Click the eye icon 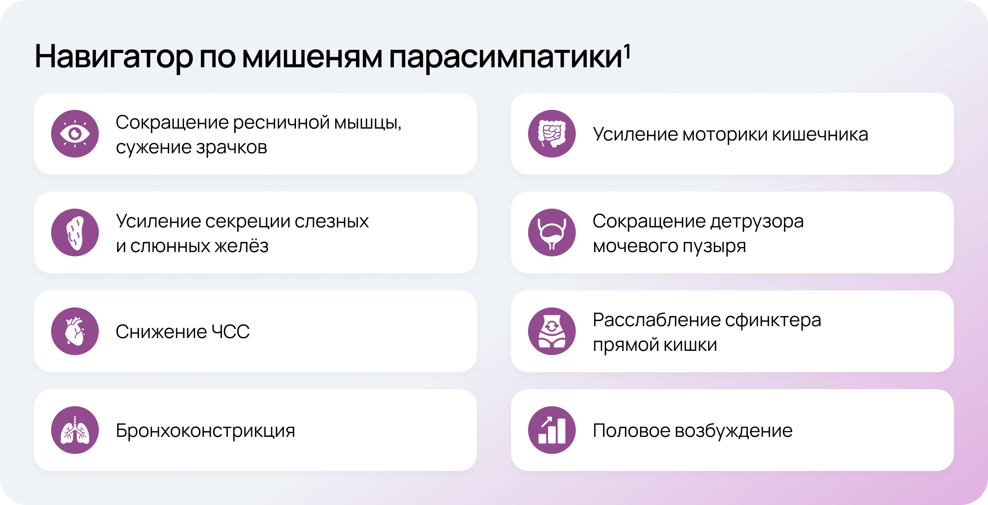click(75, 134)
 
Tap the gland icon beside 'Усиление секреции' click(75, 232)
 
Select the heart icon click(75, 331)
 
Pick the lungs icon click(75, 430)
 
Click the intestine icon click(552, 134)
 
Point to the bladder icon click(552, 232)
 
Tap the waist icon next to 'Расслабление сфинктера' click(552, 331)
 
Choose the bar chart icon click(552, 430)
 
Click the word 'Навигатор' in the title click(114, 57)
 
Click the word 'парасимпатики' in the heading click(505, 59)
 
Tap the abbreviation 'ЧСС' click(230, 332)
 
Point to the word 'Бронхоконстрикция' click(205, 431)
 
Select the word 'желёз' click(241, 246)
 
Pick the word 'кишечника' click(820, 135)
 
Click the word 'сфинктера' click(773, 321)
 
